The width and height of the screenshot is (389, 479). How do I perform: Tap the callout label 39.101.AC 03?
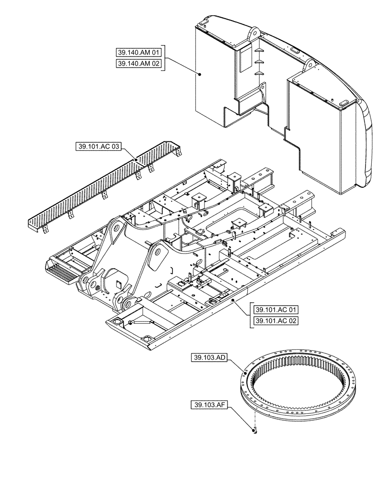tap(98, 147)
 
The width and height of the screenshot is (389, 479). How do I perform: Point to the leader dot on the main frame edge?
tap(233, 300)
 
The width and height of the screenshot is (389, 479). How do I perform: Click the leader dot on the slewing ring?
tap(246, 373)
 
